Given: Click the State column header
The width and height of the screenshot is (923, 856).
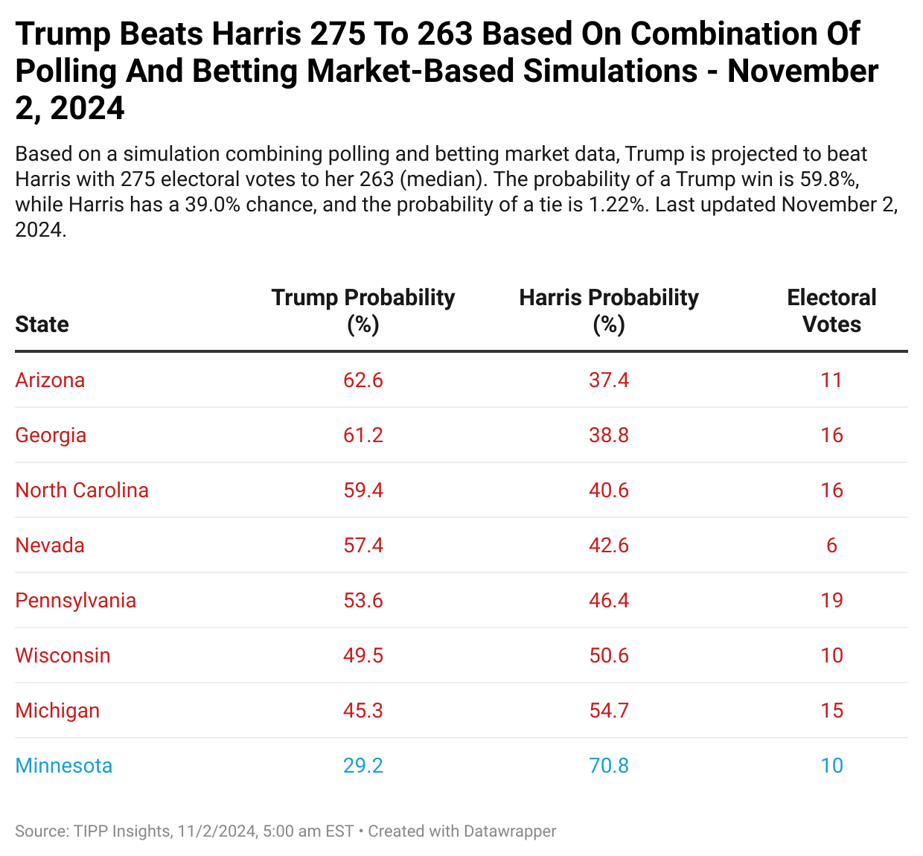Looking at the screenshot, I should click(42, 325).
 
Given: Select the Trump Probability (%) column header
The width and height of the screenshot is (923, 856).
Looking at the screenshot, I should click(363, 310).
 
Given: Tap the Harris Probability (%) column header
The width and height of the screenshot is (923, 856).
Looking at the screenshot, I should click(609, 310).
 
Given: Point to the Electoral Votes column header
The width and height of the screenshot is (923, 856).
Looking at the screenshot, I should click(831, 310).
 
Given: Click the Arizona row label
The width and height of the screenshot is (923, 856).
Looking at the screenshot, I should click(50, 380).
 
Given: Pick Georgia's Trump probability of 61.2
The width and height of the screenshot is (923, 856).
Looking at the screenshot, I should click(363, 435).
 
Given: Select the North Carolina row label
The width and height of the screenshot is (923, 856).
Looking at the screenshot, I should click(82, 491).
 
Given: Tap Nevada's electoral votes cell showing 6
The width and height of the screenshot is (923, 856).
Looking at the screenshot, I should click(831, 546).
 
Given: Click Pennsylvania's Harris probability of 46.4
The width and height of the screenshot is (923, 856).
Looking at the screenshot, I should click(609, 601).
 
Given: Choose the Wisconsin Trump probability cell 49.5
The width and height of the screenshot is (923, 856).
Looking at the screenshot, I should click(363, 656).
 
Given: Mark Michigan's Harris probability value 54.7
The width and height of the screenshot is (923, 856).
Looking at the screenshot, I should click(609, 711).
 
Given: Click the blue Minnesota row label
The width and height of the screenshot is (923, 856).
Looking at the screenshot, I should click(64, 766).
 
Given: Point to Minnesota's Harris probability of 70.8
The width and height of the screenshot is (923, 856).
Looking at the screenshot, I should click(609, 766).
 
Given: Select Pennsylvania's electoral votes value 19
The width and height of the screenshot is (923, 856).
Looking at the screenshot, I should click(831, 601).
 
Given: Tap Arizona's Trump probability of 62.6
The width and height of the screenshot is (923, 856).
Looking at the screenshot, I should click(363, 380).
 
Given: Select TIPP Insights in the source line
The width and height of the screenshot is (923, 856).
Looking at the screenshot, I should click(122, 831).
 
